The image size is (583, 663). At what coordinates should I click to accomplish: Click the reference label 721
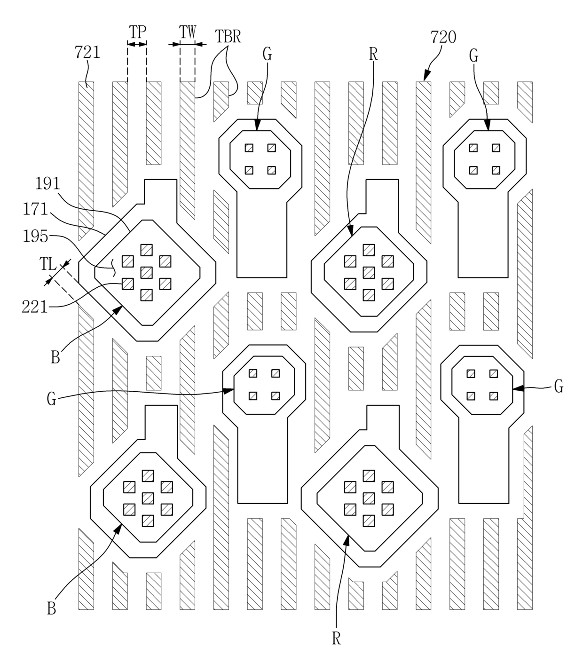pyautogui.click(x=87, y=52)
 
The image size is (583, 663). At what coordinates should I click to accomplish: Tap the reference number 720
pyautogui.click(x=443, y=37)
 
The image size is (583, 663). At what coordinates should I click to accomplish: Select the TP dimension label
pyautogui.click(x=137, y=32)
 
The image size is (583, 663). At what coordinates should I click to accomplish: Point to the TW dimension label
pyautogui.click(x=188, y=32)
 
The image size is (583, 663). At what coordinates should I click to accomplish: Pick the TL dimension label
pyautogui.click(x=48, y=264)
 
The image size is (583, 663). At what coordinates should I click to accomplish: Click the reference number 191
pyautogui.click(x=48, y=184)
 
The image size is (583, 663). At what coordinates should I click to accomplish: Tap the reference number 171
pyautogui.click(x=35, y=209)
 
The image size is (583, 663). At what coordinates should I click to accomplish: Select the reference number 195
pyautogui.click(x=35, y=236)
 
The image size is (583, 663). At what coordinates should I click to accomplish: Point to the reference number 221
pyautogui.click(x=35, y=307)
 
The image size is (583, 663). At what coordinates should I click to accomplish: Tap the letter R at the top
pyautogui.click(x=373, y=54)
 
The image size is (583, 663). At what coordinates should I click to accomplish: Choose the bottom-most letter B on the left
pyautogui.click(x=52, y=608)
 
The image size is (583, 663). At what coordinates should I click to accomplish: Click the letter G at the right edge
pyautogui.click(x=559, y=387)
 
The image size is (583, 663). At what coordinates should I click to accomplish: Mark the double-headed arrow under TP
pyautogui.click(x=137, y=44)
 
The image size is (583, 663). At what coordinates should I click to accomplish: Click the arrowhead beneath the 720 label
pyautogui.click(x=425, y=76)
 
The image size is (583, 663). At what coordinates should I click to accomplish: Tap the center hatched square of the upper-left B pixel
pyautogui.click(x=147, y=272)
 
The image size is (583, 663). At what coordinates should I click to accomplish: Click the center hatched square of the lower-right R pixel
pyautogui.click(x=369, y=498)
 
